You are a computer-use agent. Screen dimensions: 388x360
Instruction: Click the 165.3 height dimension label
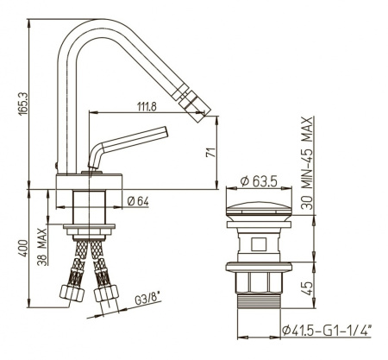23,104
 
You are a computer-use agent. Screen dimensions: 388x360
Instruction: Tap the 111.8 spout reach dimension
147,107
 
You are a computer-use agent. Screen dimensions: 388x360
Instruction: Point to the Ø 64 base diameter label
138,201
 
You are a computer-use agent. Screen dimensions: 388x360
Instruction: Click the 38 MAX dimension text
42,247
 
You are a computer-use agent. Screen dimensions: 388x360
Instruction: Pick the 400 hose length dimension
23,248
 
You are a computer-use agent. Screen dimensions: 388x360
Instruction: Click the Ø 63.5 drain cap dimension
259,181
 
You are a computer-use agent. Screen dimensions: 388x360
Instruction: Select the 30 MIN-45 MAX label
307,163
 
